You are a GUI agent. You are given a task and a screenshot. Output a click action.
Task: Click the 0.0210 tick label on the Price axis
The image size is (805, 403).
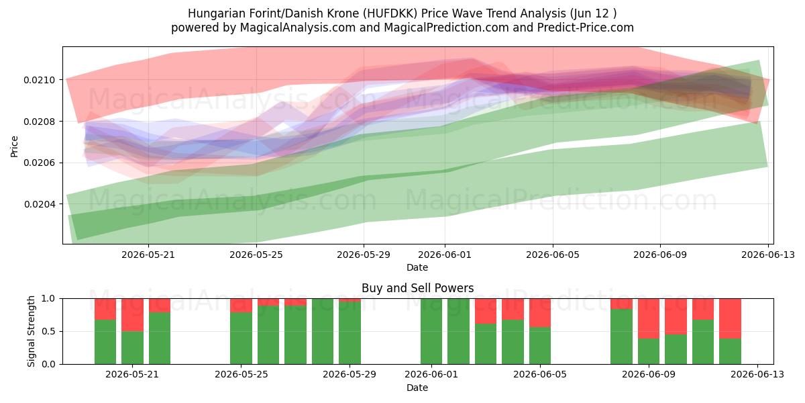(x=40, y=80)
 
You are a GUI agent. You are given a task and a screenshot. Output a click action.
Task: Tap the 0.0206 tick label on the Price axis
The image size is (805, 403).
(x=40, y=163)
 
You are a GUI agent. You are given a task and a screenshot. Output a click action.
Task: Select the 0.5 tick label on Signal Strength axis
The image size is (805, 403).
(x=49, y=331)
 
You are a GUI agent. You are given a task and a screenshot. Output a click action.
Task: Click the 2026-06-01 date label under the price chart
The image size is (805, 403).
(x=445, y=255)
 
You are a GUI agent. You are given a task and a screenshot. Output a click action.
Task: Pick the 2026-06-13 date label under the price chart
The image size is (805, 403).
(x=768, y=255)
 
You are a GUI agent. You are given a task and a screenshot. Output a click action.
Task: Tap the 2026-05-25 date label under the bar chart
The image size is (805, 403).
(x=241, y=375)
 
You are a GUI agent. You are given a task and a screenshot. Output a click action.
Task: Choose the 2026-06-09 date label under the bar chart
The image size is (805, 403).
(x=649, y=375)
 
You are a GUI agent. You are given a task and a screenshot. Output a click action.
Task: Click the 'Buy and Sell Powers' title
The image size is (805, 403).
(x=417, y=288)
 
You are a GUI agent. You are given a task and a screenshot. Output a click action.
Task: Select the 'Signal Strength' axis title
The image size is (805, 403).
(x=32, y=331)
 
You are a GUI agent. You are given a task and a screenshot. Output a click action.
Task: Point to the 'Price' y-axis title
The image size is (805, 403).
(x=14, y=146)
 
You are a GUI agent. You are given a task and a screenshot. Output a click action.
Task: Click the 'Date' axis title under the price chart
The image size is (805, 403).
(x=417, y=267)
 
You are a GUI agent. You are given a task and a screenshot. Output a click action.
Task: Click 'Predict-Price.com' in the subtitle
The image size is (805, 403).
(x=586, y=28)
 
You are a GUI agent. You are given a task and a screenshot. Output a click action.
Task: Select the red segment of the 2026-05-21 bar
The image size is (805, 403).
(x=132, y=315)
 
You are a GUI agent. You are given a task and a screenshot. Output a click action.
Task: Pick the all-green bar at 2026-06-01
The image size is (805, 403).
(x=431, y=331)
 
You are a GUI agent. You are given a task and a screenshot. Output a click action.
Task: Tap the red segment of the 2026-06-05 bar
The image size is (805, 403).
(x=540, y=313)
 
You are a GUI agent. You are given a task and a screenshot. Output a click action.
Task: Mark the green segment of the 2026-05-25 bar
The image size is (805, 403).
(x=241, y=339)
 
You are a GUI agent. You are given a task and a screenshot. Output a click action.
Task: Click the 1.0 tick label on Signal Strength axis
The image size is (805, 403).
(x=49, y=298)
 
